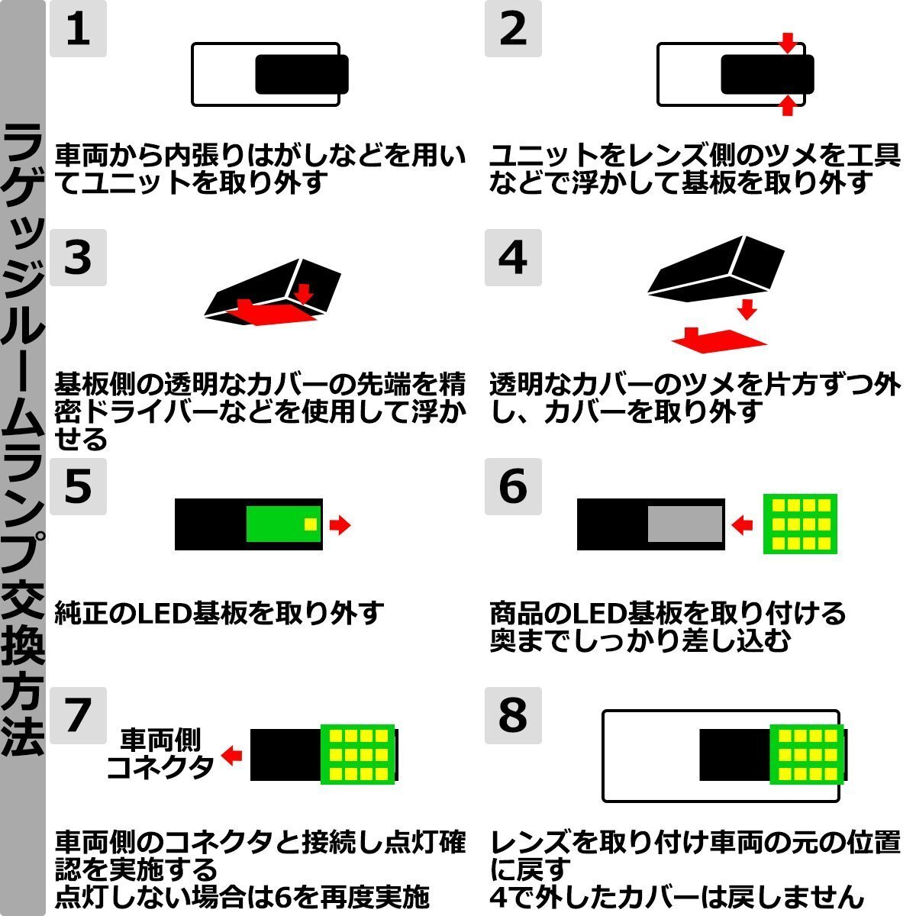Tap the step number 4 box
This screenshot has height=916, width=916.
[x=513, y=257]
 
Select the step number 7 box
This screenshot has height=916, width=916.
[x=78, y=715]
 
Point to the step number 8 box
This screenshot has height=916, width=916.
[x=513, y=715]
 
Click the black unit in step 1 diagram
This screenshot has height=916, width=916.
[x=302, y=75]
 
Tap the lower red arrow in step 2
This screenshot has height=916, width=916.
[x=789, y=106]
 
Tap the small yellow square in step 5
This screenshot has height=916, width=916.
[x=310, y=524]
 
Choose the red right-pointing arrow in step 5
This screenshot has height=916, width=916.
[x=340, y=524]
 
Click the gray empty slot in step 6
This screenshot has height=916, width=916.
[x=685, y=524]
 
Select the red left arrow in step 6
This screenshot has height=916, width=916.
[x=742, y=524]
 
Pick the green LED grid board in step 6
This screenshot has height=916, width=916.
[x=800, y=524]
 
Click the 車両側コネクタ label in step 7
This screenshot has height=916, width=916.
[x=160, y=753]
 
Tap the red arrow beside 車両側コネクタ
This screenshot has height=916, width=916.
[x=231, y=755]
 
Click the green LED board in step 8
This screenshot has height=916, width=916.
[x=806, y=755]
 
